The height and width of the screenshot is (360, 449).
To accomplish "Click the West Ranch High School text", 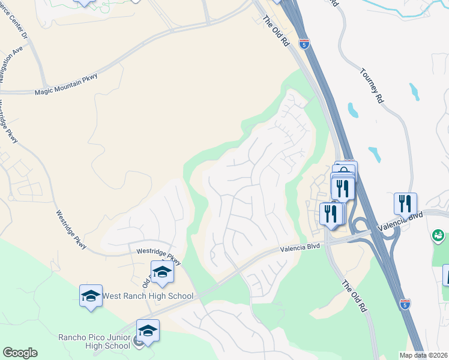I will (x=148, y=296).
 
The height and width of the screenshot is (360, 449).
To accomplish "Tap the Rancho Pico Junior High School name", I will (x=94, y=341).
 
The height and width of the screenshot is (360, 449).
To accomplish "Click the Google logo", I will (x=20, y=353).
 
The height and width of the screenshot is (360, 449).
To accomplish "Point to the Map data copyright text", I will (x=423, y=355).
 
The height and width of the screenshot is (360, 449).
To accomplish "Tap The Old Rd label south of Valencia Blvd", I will (x=354, y=297).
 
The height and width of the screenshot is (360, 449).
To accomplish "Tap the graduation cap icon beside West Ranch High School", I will (x=91, y=295).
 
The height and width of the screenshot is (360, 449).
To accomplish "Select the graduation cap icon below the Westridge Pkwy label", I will (x=161, y=272).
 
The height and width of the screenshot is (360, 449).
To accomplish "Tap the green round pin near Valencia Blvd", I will (x=439, y=236).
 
